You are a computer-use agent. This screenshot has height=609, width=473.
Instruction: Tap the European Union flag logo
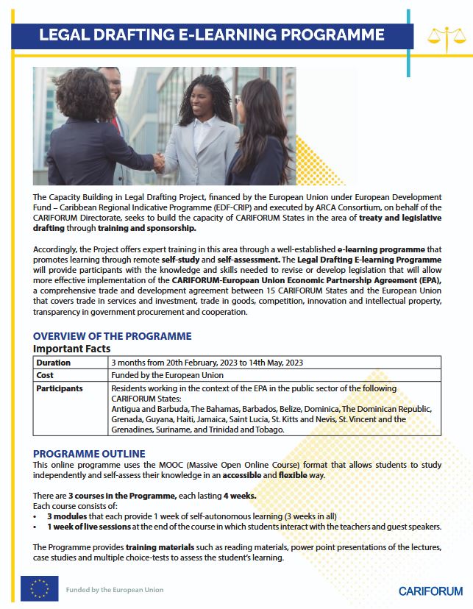click(40, 588)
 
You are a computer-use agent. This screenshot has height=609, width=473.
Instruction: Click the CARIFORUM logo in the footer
click(430, 591)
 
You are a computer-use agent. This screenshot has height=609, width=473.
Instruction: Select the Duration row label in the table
click(54, 363)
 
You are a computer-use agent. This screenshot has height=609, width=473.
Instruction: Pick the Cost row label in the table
click(46, 375)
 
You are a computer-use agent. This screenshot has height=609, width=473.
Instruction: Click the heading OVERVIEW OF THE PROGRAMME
click(112, 336)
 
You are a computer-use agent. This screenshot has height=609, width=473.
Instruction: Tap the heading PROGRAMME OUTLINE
click(89, 453)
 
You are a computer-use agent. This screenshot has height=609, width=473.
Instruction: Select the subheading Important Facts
click(72, 349)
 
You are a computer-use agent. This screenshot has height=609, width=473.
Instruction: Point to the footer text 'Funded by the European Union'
click(115, 590)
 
